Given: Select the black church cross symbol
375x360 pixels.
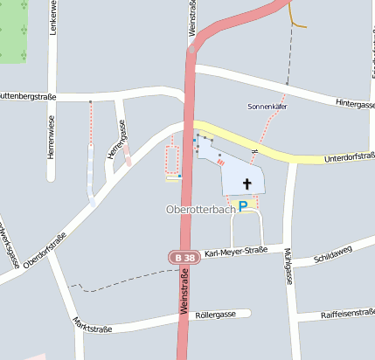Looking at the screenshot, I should pos(247,183).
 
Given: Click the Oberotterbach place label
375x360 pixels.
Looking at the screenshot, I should pos(200,210).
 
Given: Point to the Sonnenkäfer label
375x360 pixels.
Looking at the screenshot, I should pos(267,107).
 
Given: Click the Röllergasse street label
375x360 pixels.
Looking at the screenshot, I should pos(216,314).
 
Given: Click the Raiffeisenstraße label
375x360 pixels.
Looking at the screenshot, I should pos(348,313).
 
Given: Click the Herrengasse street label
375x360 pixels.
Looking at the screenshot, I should pos(116,140).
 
